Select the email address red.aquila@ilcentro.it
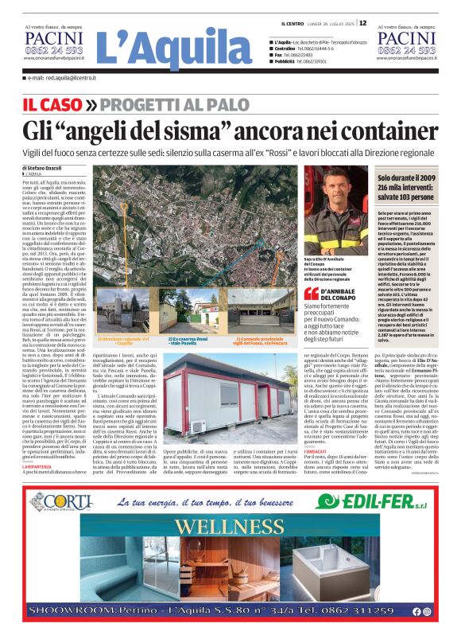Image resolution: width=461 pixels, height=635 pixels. (61, 78)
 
